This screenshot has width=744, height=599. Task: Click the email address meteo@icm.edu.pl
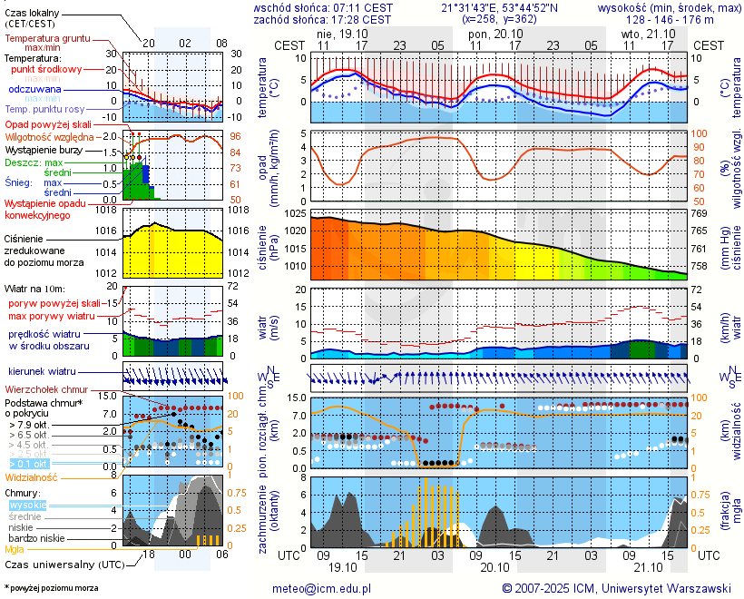[322, 588]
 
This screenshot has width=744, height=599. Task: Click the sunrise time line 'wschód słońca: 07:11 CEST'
[322, 7]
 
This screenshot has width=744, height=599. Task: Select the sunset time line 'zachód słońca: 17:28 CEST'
[322, 19]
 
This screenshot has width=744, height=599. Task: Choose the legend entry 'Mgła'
[15, 549]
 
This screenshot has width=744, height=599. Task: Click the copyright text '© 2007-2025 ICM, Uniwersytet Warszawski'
[617, 588]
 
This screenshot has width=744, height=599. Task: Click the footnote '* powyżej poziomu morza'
[51, 588]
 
